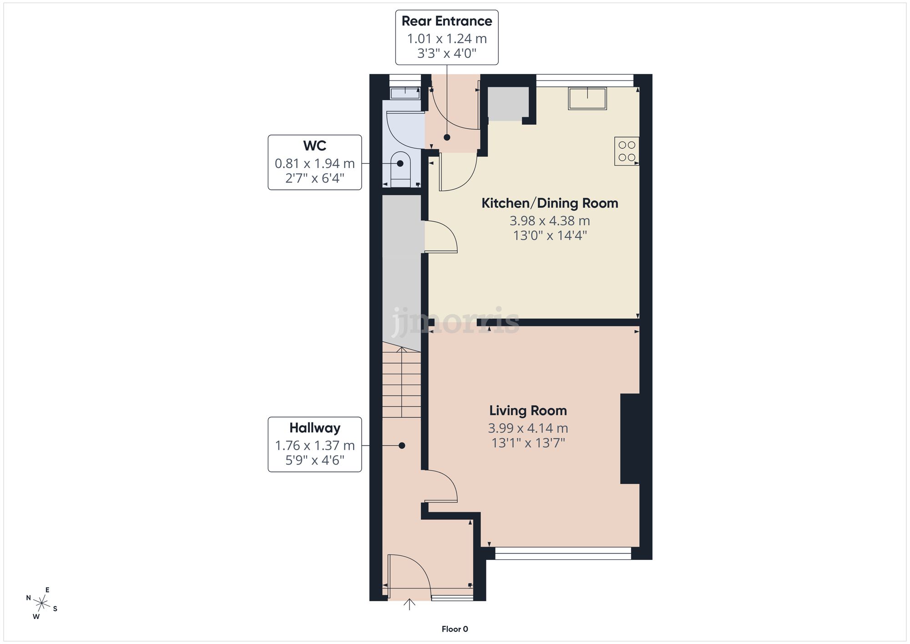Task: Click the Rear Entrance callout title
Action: click(446, 21)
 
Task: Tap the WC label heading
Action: click(314, 146)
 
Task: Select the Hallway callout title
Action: click(314, 428)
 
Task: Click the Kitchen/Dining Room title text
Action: click(550, 203)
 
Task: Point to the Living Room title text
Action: click(528, 411)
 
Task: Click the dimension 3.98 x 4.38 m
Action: click(550, 221)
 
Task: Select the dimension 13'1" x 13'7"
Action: click(528, 443)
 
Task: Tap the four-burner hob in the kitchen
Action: click(627, 151)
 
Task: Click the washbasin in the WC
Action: click(405, 93)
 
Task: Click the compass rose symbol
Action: click(42, 604)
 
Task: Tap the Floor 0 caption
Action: click(455, 629)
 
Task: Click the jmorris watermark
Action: click(455, 321)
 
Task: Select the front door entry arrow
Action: click(409, 605)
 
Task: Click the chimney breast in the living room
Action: click(630, 438)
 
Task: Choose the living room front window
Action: click(563, 553)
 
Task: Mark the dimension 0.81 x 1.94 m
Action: click(314, 163)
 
